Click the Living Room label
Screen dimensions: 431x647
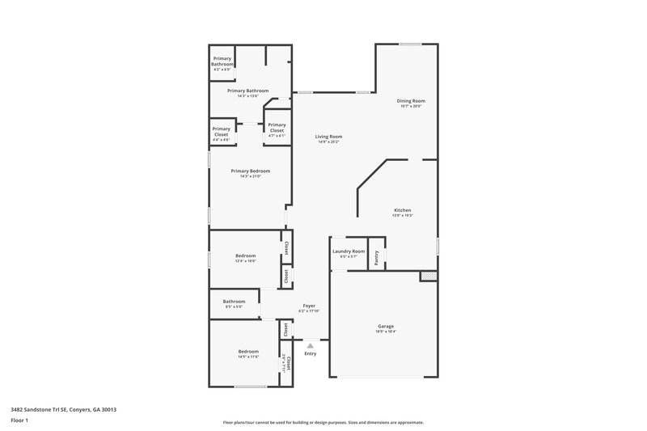tap(328, 137)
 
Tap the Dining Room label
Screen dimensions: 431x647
tap(410, 101)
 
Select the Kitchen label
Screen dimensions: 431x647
tap(403, 210)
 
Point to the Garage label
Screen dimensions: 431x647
tap(385, 326)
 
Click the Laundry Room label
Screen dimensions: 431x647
tap(349, 251)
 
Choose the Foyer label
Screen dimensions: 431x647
tap(309, 306)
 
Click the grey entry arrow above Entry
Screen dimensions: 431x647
tap(310, 345)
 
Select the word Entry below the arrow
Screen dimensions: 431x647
tap(311, 353)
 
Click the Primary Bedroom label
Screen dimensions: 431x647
tap(250, 171)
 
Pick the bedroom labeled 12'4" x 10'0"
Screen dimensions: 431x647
tap(245, 256)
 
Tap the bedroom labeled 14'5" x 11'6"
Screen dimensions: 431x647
tap(248, 352)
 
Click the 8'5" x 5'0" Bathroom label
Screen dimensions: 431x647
tap(234, 302)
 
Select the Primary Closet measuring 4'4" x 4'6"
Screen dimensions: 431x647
tap(221, 132)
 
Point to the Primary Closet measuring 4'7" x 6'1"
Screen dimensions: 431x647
tap(277, 128)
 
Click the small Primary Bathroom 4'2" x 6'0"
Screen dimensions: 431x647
tap(222, 63)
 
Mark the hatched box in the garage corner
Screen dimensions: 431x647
tap(427, 277)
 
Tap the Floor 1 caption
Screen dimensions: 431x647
tap(19, 421)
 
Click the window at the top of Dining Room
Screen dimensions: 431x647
tap(410, 44)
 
